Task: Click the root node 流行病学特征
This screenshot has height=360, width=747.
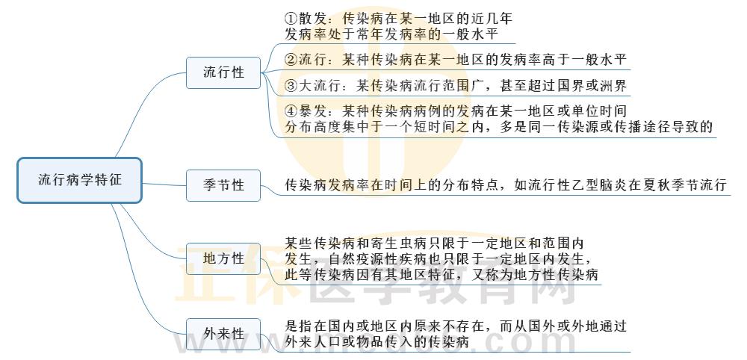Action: [x=79, y=180]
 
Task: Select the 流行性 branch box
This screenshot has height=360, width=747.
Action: [x=224, y=72]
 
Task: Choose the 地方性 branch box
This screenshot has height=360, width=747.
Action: [x=224, y=258]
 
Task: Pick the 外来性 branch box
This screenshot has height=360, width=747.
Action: [x=224, y=334]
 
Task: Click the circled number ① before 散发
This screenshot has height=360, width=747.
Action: [x=292, y=17]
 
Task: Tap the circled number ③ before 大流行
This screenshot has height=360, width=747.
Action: [x=292, y=86]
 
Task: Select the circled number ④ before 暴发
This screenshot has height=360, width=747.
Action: [x=292, y=111]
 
